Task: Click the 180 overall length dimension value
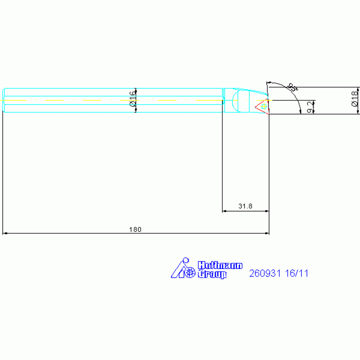point(135,230)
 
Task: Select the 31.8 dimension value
point(245,206)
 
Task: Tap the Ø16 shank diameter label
point(133,99)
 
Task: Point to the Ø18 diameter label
point(354,99)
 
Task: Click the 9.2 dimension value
point(310,107)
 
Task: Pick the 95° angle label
point(293,87)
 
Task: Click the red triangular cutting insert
point(262,107)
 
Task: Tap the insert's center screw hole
point(264,106)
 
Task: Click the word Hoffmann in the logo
point(220,265)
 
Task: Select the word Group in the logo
point(212,274)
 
